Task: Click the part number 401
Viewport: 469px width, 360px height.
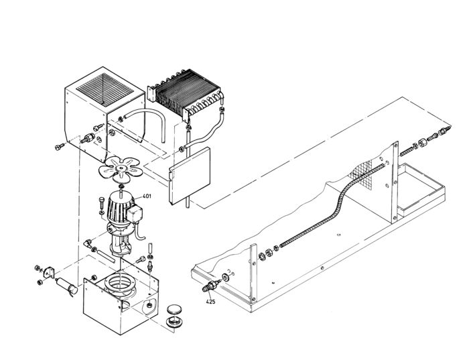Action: [x=147, y=196]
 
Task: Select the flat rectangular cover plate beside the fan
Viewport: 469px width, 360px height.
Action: [x=191, y=176]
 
